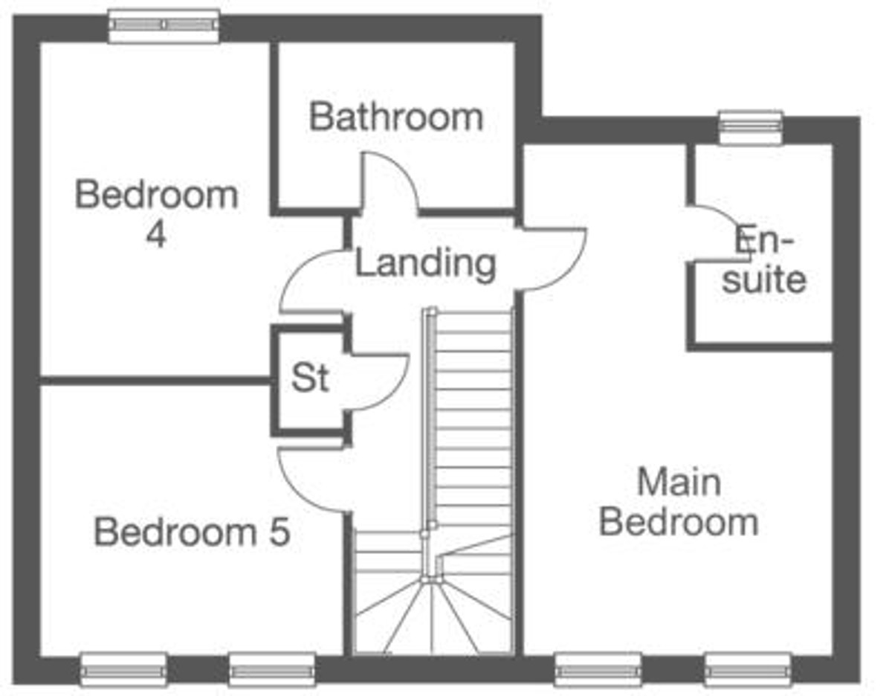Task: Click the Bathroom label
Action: click(395, 117)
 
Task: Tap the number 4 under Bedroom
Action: click(156, 235)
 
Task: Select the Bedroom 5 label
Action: click(192, 532)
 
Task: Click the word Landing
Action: click(425, 265)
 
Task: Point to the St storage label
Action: click(310, 377)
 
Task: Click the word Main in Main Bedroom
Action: click(679, 483)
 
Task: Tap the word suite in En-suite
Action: click(764, 280)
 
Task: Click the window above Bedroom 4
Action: click(164, 25)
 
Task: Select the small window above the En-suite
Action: click(750, 128)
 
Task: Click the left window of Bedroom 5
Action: click(124, 670)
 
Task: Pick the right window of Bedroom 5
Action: click(272, 670)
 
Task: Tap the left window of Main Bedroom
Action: click(598, 670)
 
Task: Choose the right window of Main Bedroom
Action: click(749, 670)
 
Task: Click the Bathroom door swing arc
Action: click(404, 167)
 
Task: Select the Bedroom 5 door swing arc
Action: click(296, 494)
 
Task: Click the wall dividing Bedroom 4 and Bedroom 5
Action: click(156, 381)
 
